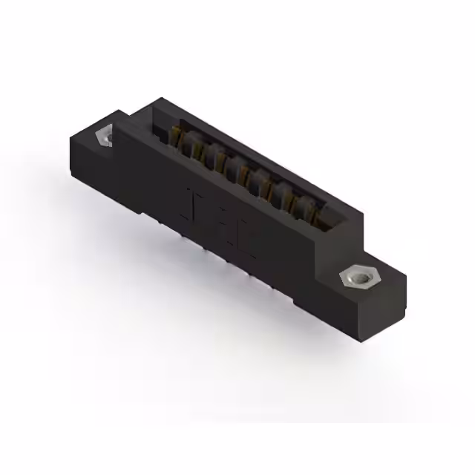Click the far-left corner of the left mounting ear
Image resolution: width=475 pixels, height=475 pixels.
click(x=69, y=137)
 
